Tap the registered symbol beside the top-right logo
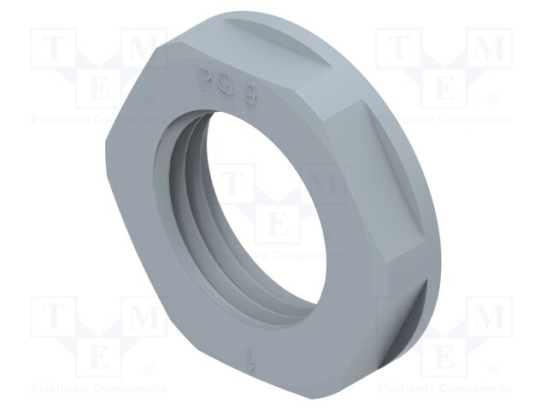click(493, 99)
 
